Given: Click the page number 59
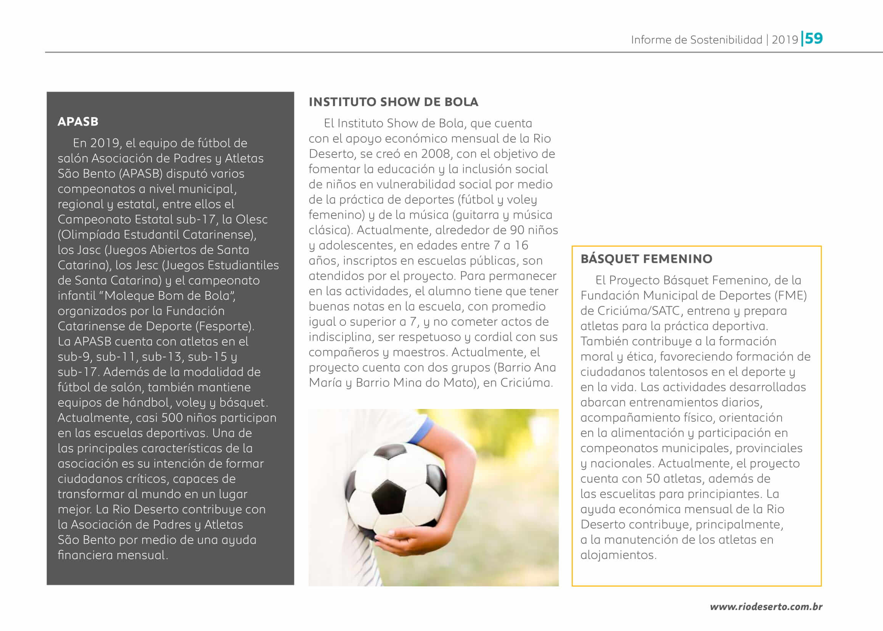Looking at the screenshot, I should click(x=814, y=39).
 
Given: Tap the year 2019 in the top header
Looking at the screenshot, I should click(x=785, y=40).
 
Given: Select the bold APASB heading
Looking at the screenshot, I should click(x=78, y=122).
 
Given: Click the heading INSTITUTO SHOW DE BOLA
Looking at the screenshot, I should click(x=393, y=102).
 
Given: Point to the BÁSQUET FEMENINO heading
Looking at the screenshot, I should click(x=646, y=259).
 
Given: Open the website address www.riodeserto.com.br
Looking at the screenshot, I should click(x=766, y=607).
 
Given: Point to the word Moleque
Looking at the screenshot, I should click(x=130, y=296).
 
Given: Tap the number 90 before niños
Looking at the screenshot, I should click(x=517, y=230).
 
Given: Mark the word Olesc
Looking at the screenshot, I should click(x=251, y=219).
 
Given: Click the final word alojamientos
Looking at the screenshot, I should click(x=618, y=555).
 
